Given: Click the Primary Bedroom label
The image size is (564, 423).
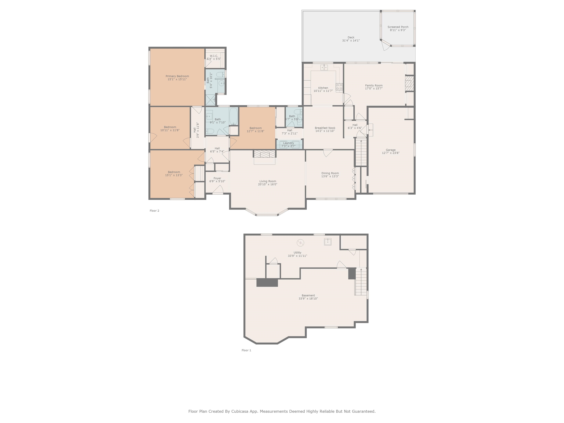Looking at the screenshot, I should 177,76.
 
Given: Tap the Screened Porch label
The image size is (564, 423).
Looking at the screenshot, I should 398,27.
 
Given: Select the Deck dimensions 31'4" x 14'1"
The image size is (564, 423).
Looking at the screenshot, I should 351,41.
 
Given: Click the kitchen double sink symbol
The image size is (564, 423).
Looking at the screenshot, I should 324,67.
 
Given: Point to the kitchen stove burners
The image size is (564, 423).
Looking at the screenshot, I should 339,87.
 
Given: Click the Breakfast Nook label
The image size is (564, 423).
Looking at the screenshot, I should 325,128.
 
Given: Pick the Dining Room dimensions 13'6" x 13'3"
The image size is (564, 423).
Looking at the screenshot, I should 330,176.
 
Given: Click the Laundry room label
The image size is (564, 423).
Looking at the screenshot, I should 288,143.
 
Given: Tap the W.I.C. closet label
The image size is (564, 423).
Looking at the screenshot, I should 214,56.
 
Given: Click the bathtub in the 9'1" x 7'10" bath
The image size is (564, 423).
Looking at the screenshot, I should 233,116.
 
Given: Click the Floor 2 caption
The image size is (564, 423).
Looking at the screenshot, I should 154,211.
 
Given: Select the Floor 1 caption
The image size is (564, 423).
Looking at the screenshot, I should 246,350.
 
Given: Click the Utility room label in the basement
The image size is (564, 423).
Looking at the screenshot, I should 297,253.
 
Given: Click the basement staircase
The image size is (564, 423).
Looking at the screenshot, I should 361,282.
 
